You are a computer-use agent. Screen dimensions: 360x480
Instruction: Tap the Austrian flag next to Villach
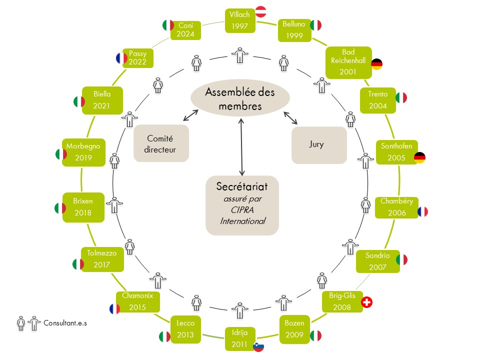coord(260,11)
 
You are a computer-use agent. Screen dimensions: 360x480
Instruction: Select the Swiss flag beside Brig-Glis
coord(367,302)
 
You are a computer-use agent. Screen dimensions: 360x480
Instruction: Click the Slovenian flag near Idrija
coord(258,346)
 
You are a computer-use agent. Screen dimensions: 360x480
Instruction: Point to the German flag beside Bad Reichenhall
coord(376,64)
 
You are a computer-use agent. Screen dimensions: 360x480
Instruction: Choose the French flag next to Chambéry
coord(422,211)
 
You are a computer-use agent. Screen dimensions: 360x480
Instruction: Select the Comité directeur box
coord(161,143)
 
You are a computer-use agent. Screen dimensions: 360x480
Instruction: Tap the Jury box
coord(318,145)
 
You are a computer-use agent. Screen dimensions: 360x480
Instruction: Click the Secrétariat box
coord(242,205)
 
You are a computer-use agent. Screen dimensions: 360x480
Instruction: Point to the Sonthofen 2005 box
coord(396,152)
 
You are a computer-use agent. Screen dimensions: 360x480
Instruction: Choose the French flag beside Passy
coord(121,58)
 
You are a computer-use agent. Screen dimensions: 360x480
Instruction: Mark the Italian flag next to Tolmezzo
coord(78,264)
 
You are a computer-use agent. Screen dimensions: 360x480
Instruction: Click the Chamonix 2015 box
coord(137,301)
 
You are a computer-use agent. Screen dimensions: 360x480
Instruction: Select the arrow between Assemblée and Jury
coord(290,118)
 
